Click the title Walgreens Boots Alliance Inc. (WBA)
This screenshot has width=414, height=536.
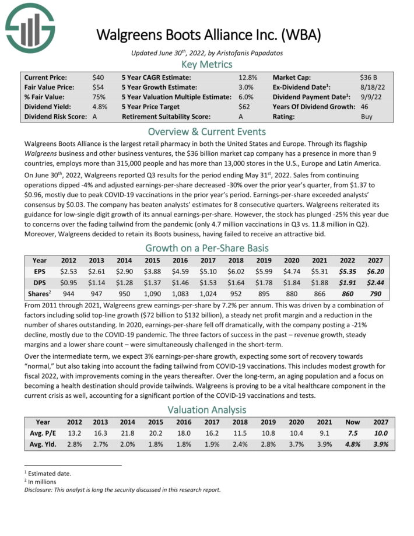pos(208,34)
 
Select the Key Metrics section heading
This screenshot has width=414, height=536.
pos(207,64)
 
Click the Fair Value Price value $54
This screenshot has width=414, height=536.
pos(99,87)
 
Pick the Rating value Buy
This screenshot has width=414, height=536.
pos(366,117)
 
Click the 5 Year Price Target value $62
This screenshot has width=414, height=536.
pos(247,107)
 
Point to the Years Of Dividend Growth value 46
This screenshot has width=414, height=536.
pos(364,107)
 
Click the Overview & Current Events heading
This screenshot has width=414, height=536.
pos(207,131)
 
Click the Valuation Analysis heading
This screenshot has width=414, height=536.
pos(207,410)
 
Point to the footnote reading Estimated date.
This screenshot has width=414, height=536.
pos(50,474)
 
